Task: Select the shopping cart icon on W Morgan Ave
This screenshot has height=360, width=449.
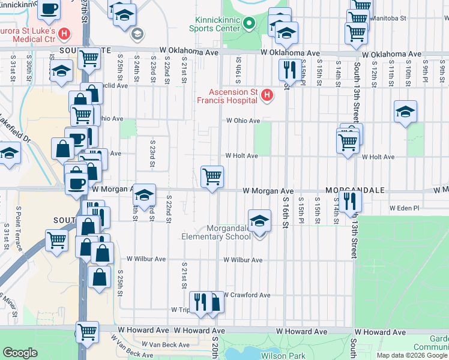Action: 212,177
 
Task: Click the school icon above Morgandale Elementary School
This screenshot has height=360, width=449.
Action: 259,221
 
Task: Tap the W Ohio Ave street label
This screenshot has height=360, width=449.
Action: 243,121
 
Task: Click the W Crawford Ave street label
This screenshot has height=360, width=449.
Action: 247,295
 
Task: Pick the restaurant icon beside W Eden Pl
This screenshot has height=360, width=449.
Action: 350,202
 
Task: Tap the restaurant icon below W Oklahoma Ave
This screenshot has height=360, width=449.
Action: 289,70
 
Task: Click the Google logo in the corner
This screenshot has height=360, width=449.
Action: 20,353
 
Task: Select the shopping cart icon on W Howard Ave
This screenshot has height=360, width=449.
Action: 88,331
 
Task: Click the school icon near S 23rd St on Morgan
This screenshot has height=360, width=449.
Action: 144,195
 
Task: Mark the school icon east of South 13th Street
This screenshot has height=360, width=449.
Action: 406,111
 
